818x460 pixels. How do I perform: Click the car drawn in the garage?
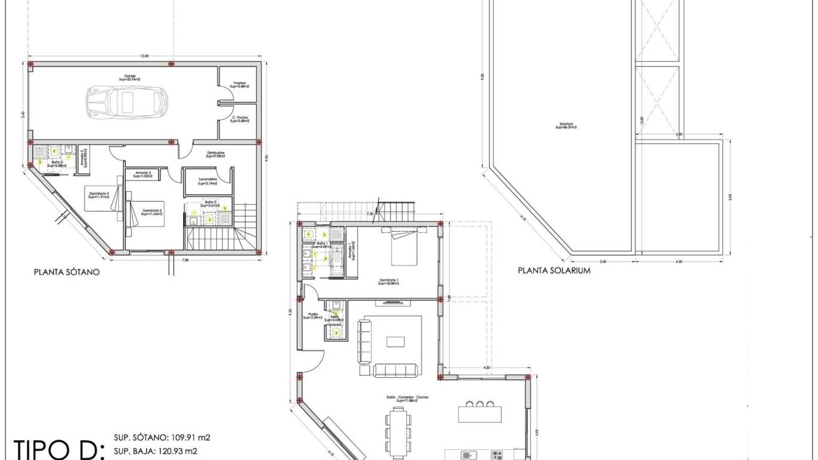point(126,102)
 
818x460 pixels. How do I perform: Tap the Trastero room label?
point(240,84)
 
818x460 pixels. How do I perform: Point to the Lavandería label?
point(207,181)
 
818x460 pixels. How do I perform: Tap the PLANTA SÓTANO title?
point(66,272)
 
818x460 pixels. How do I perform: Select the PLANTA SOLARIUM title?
point(554,271)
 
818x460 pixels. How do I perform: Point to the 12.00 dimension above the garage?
point(144,56)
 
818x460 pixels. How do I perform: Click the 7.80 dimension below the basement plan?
point(185,260)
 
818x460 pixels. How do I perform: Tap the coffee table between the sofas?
point(395,341)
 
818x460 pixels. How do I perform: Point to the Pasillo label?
point(313,316)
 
